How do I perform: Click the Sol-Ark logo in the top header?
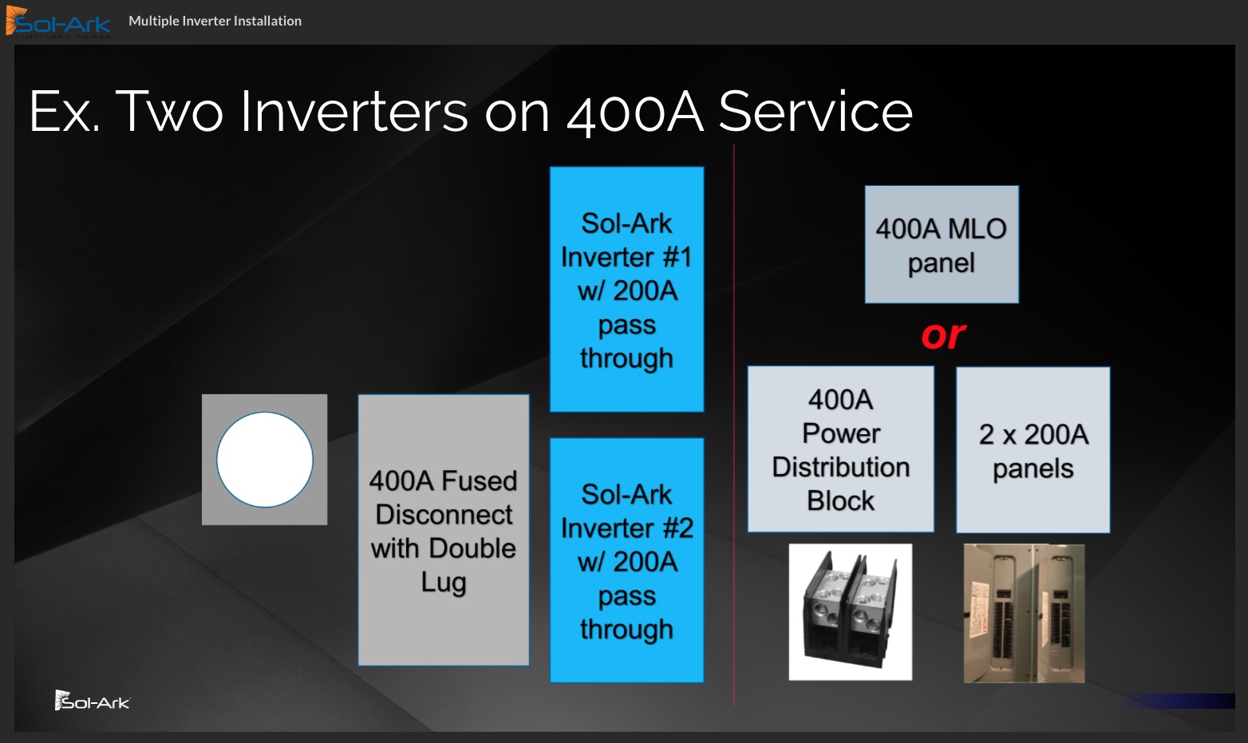[58, 22]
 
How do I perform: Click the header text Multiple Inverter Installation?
[215, 22]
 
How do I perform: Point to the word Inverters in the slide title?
[353, 112]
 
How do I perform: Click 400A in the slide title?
[635, 113]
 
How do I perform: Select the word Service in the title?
[816, 112]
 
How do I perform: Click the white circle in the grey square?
[265, 460]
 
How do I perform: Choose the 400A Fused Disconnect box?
[444, 530]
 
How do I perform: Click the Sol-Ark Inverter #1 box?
[626, 289]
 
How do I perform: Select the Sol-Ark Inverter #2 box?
[626, 560]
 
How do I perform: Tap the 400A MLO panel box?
[942, 244]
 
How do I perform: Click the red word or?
[943, 335]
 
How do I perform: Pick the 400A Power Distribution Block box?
[841, 449]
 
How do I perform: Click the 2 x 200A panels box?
[1033, 450]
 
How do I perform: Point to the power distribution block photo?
[850, 612]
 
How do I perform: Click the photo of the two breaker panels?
[1024, 614]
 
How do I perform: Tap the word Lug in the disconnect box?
[444, 583]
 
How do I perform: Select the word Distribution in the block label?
[841, 467]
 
